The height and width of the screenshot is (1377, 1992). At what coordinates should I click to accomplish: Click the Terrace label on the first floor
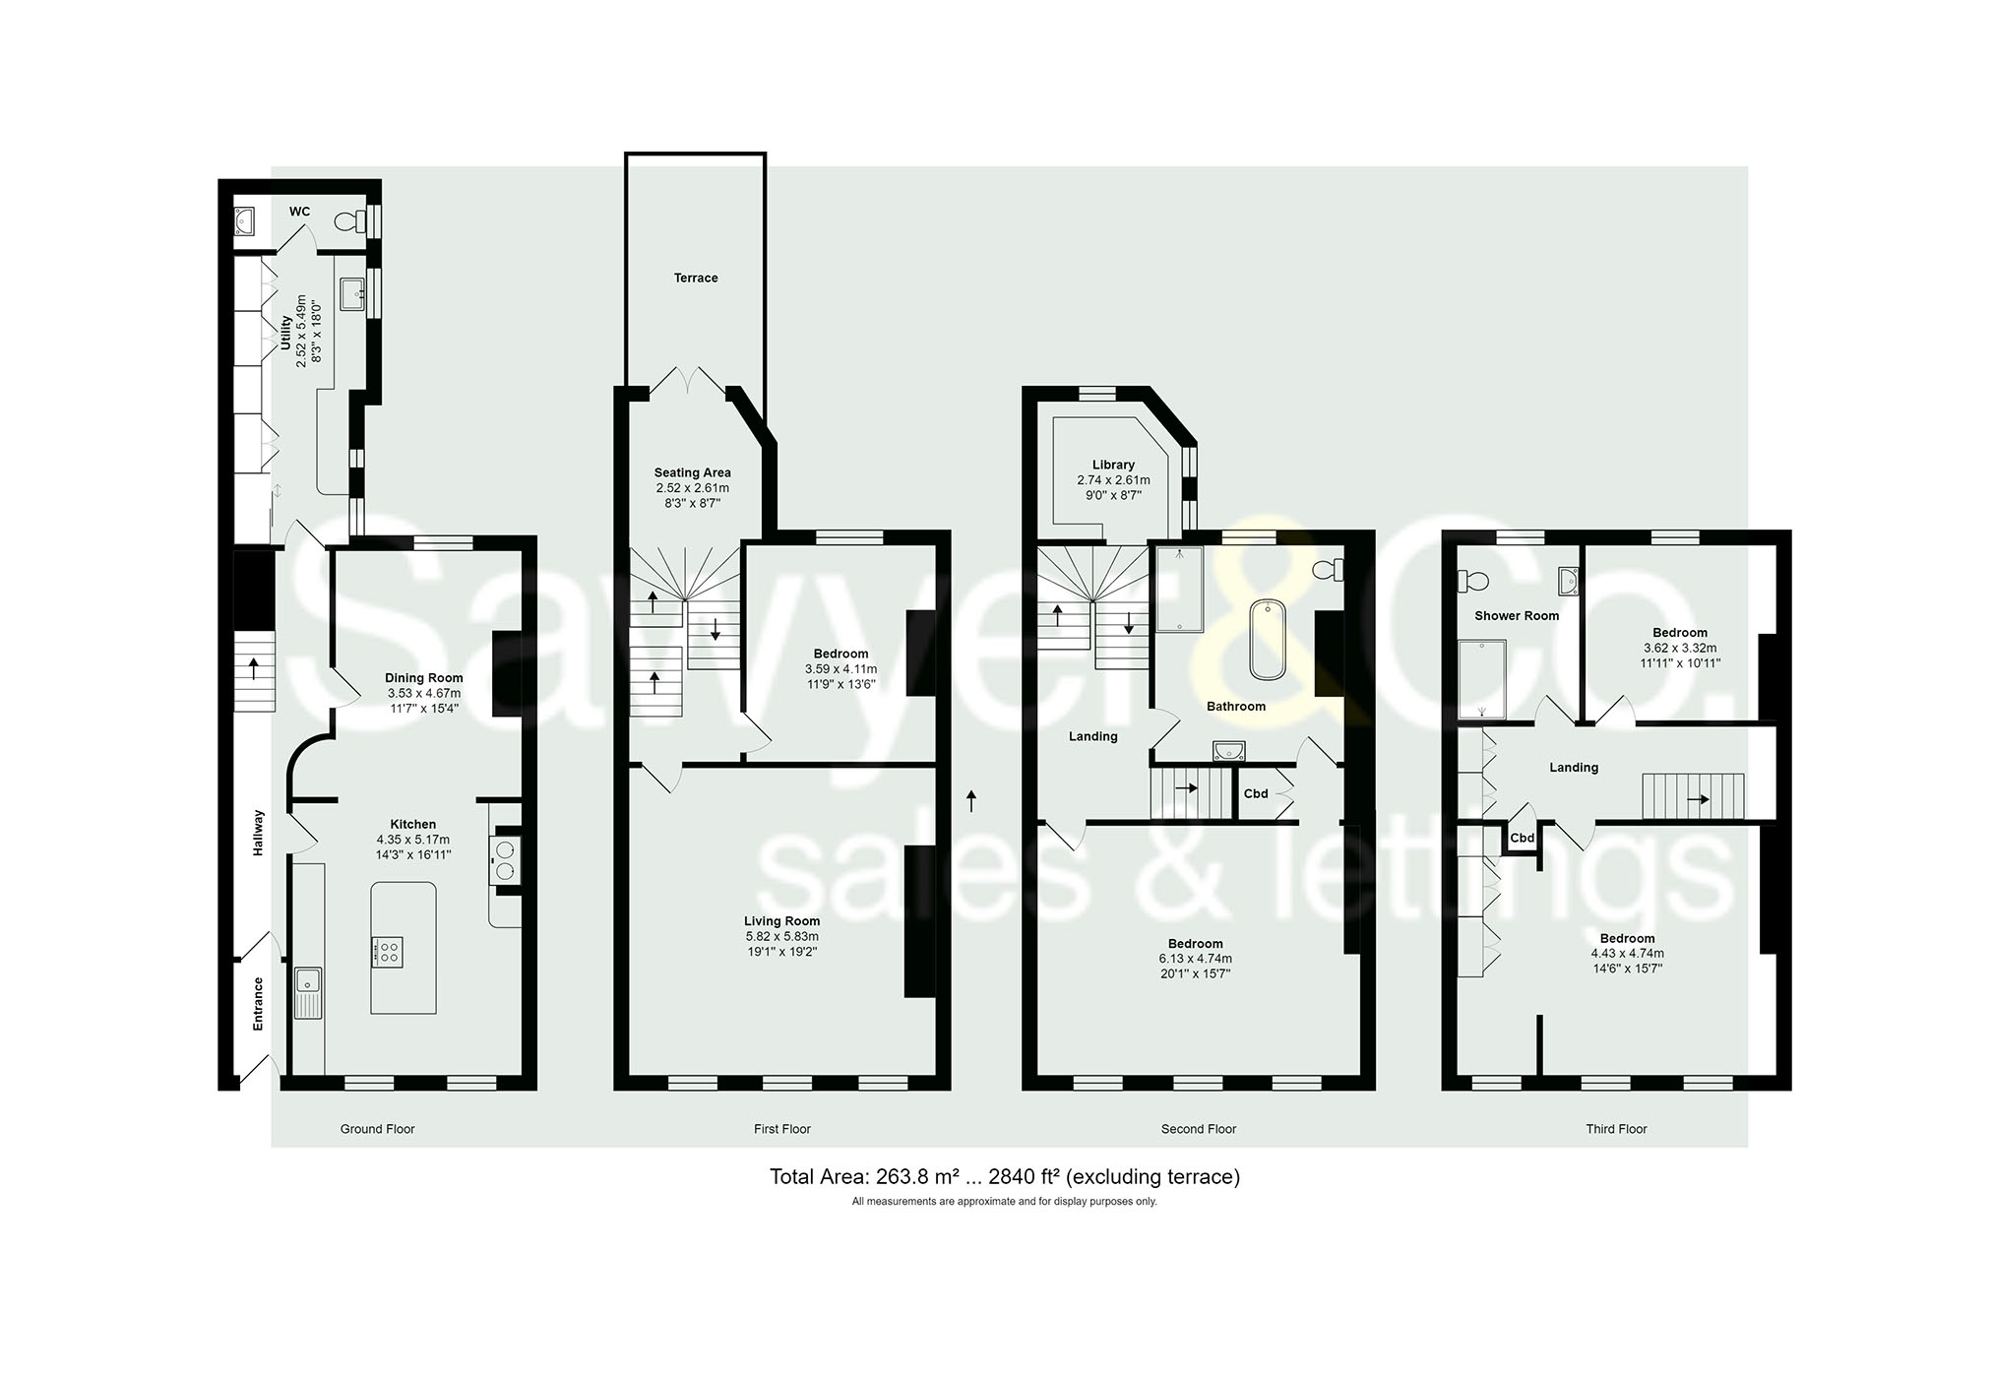696,279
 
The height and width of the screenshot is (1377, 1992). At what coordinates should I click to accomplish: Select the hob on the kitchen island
387,952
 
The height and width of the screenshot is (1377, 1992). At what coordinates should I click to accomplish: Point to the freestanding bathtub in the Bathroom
1268,639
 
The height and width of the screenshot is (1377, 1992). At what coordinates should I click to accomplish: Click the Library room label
1113,465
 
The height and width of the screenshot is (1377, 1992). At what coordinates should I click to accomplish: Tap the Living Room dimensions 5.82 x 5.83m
781,936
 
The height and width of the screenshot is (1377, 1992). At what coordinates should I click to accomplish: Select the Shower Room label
1516,616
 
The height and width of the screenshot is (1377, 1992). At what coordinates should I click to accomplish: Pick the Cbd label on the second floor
1256,793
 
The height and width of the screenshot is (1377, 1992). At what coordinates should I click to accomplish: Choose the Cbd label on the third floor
1522,839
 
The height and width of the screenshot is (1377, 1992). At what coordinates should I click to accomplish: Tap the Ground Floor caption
377,1129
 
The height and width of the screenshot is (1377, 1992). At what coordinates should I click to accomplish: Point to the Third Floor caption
1615,1129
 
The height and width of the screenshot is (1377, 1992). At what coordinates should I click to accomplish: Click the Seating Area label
692,472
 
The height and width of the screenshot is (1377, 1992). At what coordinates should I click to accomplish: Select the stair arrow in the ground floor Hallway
254,669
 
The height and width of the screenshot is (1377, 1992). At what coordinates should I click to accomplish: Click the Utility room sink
352,293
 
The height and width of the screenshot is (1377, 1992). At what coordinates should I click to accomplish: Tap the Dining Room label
423,678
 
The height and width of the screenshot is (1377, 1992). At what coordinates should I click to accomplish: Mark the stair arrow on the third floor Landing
1698,799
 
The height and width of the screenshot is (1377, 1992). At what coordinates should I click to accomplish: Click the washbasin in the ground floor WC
244,221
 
